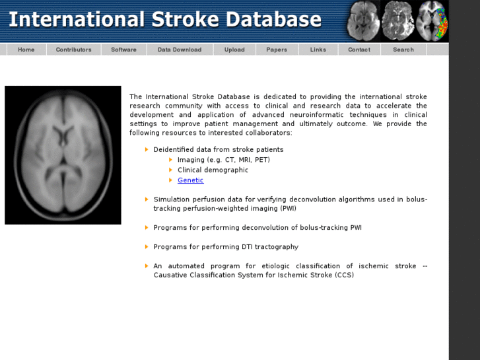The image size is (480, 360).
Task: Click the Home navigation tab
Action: [x=26, y=50]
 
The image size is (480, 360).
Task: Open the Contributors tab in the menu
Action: [x=73, y=50]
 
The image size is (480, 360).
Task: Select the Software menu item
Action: [x=123, y=50]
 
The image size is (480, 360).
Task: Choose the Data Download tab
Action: [x=180, y=50]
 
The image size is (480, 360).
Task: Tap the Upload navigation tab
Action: [x=234, y=50]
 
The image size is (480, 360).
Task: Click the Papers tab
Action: [x=277, y=50]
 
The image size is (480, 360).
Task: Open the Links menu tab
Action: [x=318, y=50]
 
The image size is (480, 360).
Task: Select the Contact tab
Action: [x=359, y=50]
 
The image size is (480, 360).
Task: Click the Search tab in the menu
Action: [x=403, y=50]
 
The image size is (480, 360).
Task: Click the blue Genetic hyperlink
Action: [x=190, y=180]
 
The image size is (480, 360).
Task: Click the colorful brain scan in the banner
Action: [x=432, y=20]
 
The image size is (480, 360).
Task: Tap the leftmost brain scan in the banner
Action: [x=364, y=20]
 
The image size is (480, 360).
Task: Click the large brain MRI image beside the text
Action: [x=63, y=155]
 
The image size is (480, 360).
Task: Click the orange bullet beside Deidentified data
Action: [x=147, y=149]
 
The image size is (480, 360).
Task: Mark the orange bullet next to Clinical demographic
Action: [x=170, y=170]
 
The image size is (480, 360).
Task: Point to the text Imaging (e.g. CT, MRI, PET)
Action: [x=223, y=160]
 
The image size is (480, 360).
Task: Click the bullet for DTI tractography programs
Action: [x=147, y=246]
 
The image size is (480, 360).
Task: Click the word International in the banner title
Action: [x=76, y=19]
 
